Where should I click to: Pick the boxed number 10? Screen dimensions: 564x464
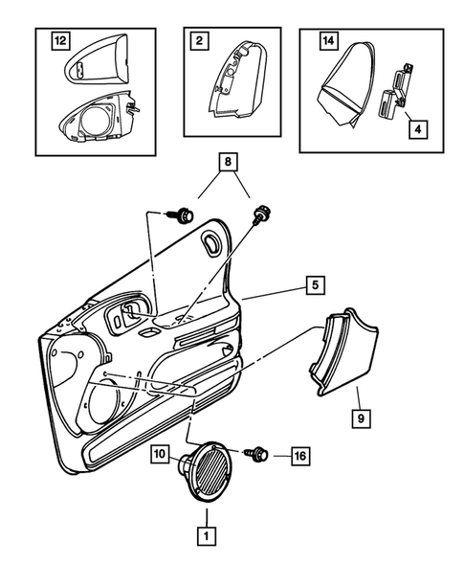point(160,453)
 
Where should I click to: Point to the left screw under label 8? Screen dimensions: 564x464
point(183,214)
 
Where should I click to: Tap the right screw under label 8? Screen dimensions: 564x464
point(256,214)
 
